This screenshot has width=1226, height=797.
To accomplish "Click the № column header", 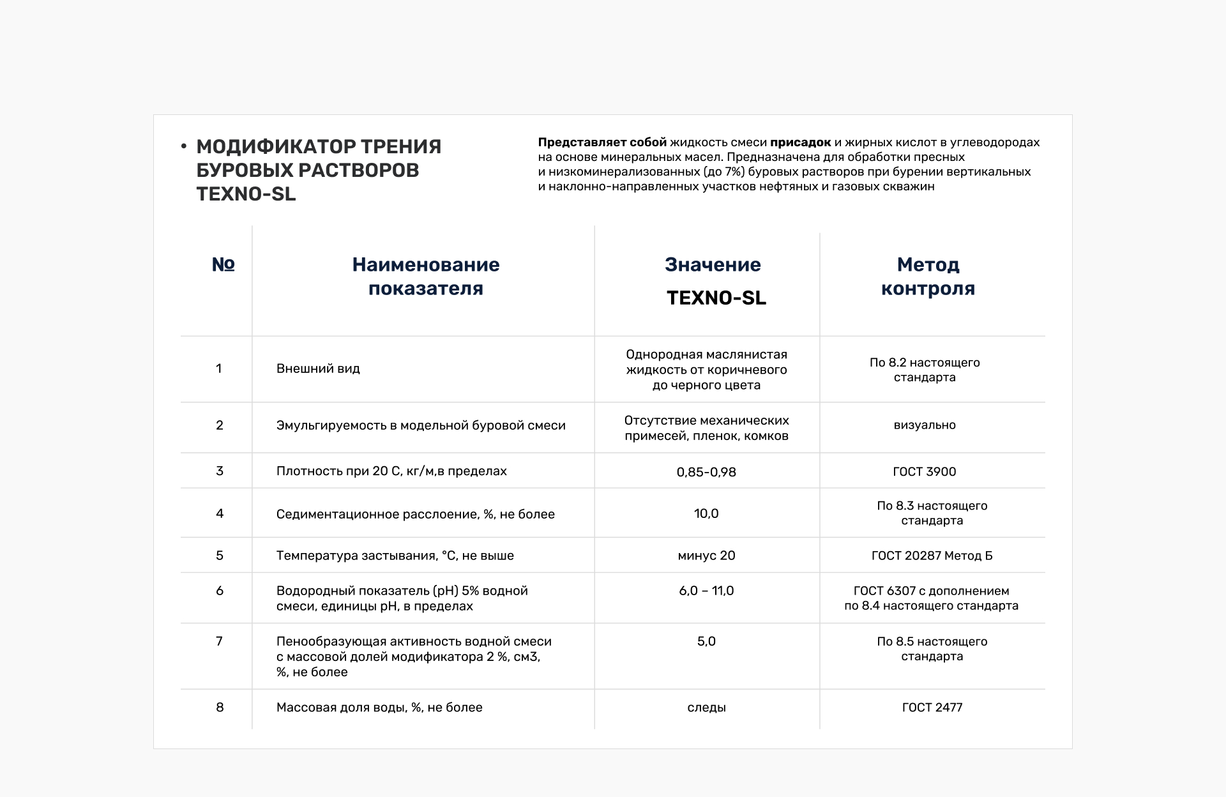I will pos(223,264).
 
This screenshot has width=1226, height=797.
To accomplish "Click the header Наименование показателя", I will pos(426,277).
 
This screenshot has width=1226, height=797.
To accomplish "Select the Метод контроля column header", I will pos(928,277).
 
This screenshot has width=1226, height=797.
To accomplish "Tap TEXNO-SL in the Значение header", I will pos(716,298).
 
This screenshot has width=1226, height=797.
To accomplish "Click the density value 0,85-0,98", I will pos(706,472).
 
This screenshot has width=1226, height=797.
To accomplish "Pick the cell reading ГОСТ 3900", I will pos(924,472).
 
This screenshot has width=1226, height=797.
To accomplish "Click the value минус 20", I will pos(706,556).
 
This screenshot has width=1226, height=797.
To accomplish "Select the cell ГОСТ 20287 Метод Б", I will pos(932,556).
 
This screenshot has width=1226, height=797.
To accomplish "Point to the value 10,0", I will pos(706,513).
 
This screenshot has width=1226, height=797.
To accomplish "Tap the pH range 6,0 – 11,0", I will pos(706,591).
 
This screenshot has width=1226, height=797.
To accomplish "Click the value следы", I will pos(706,708).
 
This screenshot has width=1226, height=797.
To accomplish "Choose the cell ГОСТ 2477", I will pos(932,708).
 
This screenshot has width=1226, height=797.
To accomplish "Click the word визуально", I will pos(924,425).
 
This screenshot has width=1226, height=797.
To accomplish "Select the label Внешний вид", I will pos(318,368).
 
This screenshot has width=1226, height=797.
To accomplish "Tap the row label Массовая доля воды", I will pos(379,708).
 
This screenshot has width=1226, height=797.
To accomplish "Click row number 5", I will pos(220,556).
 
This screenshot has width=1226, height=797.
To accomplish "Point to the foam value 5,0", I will pos(706,641).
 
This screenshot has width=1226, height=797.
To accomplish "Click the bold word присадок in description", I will pos(800,142).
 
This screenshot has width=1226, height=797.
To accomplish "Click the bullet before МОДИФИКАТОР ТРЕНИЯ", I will pos(184,148).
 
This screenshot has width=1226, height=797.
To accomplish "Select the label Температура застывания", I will pos(395,556).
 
